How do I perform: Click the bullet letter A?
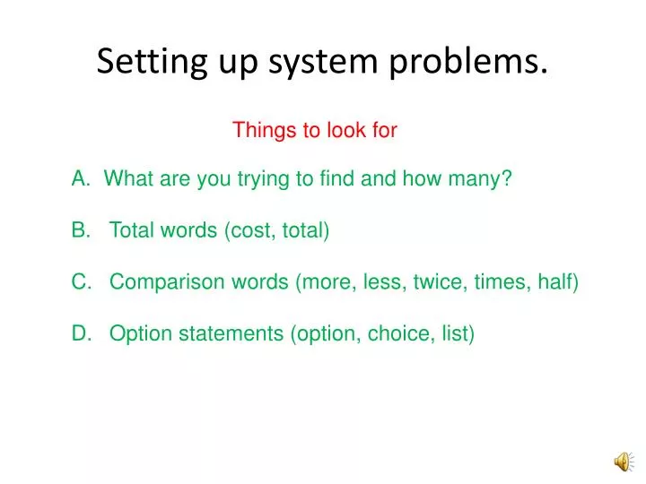[79, 179]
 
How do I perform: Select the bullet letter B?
[79, 231]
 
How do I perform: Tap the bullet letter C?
[80, 282]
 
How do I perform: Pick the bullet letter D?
[80, 334]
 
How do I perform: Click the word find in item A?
[337, 179]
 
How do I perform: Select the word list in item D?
[455, 334]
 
